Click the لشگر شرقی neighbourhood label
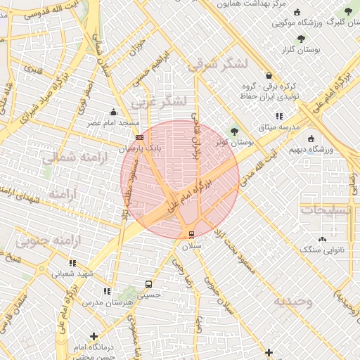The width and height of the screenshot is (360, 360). [217, 65]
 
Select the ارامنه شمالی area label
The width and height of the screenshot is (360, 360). [71, 158]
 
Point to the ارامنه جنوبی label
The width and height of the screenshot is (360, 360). [50, 242]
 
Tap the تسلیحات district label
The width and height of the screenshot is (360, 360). [328, 210]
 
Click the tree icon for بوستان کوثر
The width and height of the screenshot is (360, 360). [234, 130]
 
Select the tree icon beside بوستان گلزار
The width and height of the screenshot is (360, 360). [301, 39]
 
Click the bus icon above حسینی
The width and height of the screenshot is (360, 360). [148, 284]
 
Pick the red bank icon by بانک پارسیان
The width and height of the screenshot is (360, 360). [139, 138]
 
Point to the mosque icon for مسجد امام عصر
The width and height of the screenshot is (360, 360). [113, 112]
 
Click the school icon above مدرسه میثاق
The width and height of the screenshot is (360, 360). [279, 116]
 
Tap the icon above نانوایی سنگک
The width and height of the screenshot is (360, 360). [322, 239]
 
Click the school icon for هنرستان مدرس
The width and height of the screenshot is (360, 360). [107, 291]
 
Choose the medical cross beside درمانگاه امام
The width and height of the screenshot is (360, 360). [94, 337]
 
